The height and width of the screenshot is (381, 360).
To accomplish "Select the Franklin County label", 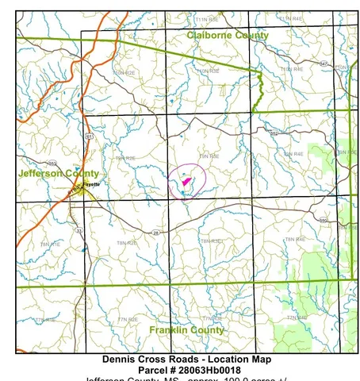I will coord(186,329).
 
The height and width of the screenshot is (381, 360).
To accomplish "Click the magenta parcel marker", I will coord(186,182).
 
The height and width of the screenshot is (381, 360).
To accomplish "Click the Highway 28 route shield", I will coord(156,232).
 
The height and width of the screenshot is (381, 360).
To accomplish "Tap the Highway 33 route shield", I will coord(79,230).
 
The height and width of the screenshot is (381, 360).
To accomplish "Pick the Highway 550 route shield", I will coord(323,218).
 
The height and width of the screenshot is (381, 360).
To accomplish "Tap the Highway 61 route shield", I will coord(90,137).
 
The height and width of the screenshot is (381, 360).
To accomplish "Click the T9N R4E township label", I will coord(293,153).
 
